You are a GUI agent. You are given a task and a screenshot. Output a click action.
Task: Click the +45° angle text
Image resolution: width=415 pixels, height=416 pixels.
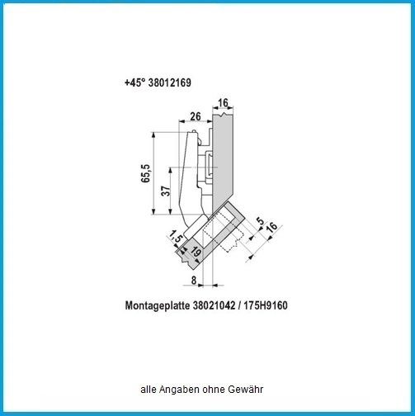click(134, 83)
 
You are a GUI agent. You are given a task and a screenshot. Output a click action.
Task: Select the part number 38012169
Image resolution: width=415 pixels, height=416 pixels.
click(170, 83)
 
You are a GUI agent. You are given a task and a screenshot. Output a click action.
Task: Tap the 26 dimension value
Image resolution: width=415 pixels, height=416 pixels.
click(196, 116)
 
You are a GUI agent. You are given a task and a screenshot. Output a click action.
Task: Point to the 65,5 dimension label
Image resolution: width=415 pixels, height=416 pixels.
click(145, 173)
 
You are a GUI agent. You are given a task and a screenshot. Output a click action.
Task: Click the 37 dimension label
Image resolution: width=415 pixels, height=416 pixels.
click(166, 191)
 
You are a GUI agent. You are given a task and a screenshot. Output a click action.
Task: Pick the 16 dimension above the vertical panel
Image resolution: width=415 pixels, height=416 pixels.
click(223, 103)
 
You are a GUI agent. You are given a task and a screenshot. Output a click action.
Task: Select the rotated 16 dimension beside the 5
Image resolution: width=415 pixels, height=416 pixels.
click(271, 228)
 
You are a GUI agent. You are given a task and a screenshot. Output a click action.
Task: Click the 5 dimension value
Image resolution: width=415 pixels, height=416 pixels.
click(260, 220)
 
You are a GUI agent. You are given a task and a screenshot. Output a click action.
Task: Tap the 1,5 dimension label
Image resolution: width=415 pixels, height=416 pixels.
click(176, 236)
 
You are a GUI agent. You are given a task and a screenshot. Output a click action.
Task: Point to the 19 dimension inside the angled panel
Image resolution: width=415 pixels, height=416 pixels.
click(196, 252)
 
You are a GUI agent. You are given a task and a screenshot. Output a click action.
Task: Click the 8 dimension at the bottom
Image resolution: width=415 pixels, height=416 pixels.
click(194, 281)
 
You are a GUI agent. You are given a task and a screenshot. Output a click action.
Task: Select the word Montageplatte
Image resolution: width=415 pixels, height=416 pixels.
click(158, 305)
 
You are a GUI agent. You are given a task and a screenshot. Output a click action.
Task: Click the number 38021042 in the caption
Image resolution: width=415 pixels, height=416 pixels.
click(214, 305)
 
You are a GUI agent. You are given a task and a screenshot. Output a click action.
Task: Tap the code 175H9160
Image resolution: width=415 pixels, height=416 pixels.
click(266, 305)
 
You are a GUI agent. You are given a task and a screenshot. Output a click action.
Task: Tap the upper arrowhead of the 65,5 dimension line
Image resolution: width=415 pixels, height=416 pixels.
click(153, 135)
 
